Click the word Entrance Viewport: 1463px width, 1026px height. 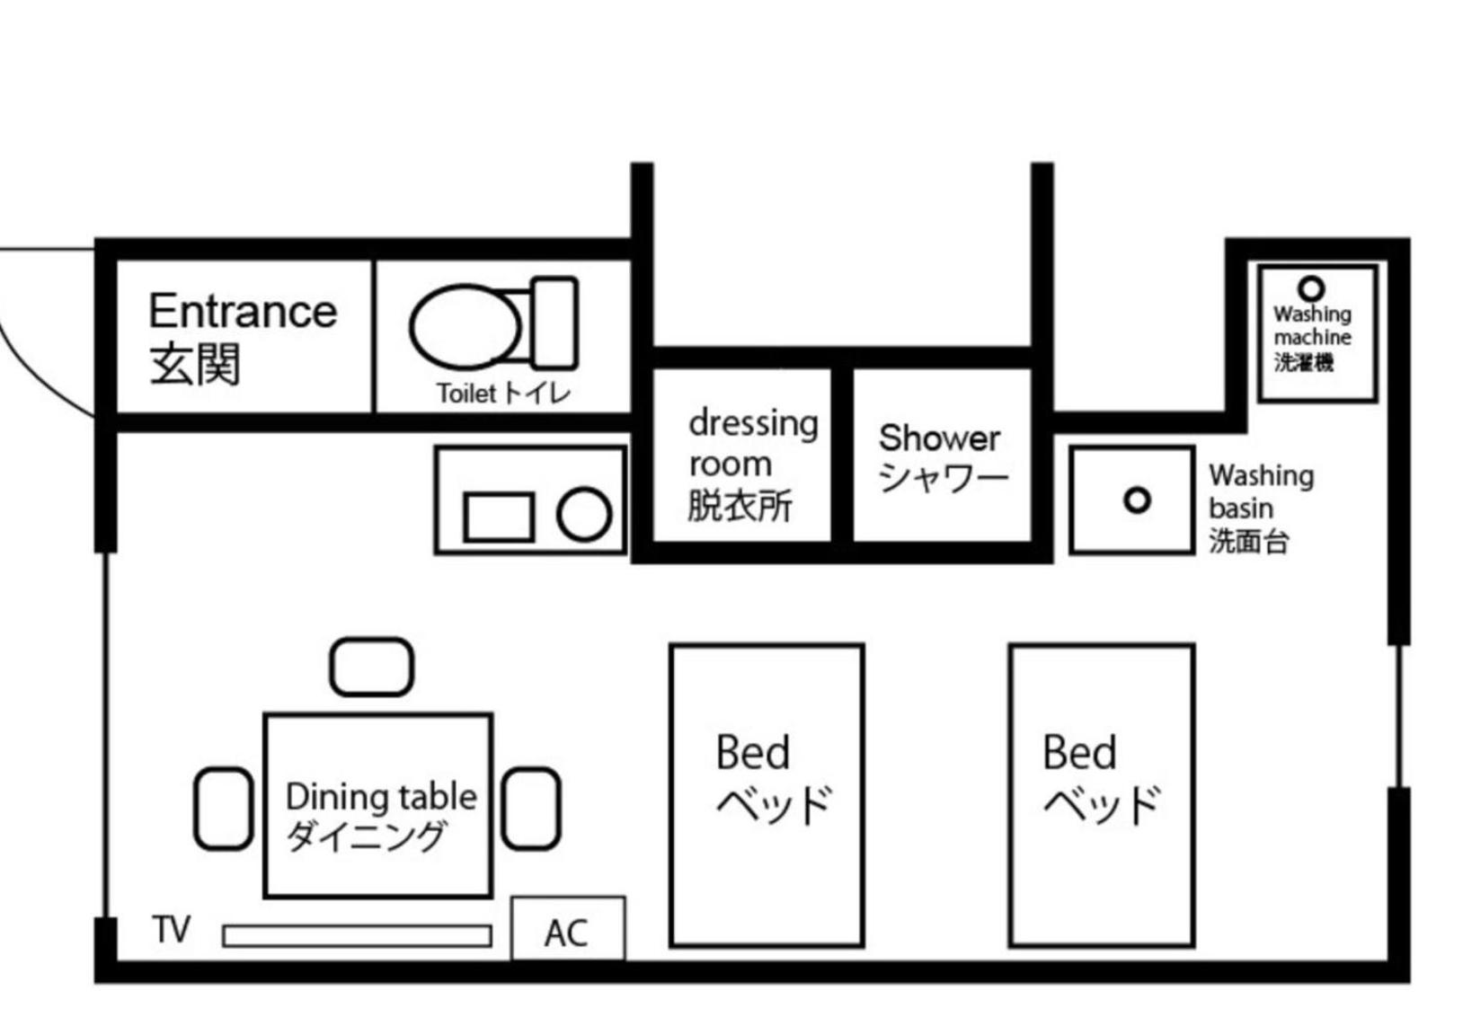[243, 311]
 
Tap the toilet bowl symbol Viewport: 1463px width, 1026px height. [465, 326]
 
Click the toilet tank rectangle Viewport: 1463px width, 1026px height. [554, 323]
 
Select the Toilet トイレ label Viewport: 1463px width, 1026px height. [503, 394]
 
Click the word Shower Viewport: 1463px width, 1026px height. [939, 438]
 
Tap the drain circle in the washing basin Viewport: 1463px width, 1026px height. [1137, 501]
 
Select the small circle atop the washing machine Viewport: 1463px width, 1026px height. [1311, 288]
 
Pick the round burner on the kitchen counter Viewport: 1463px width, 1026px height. [584, 515]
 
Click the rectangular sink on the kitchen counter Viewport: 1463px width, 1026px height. [499, 517]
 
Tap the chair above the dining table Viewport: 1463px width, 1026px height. [372, 667]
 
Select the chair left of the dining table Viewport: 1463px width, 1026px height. [224, 809]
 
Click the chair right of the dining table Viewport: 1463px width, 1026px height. [531, 809]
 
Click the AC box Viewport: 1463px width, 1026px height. [568, 928]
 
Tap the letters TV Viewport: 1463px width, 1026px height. [172, 929]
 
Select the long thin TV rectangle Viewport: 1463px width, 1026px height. [357, 935]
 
